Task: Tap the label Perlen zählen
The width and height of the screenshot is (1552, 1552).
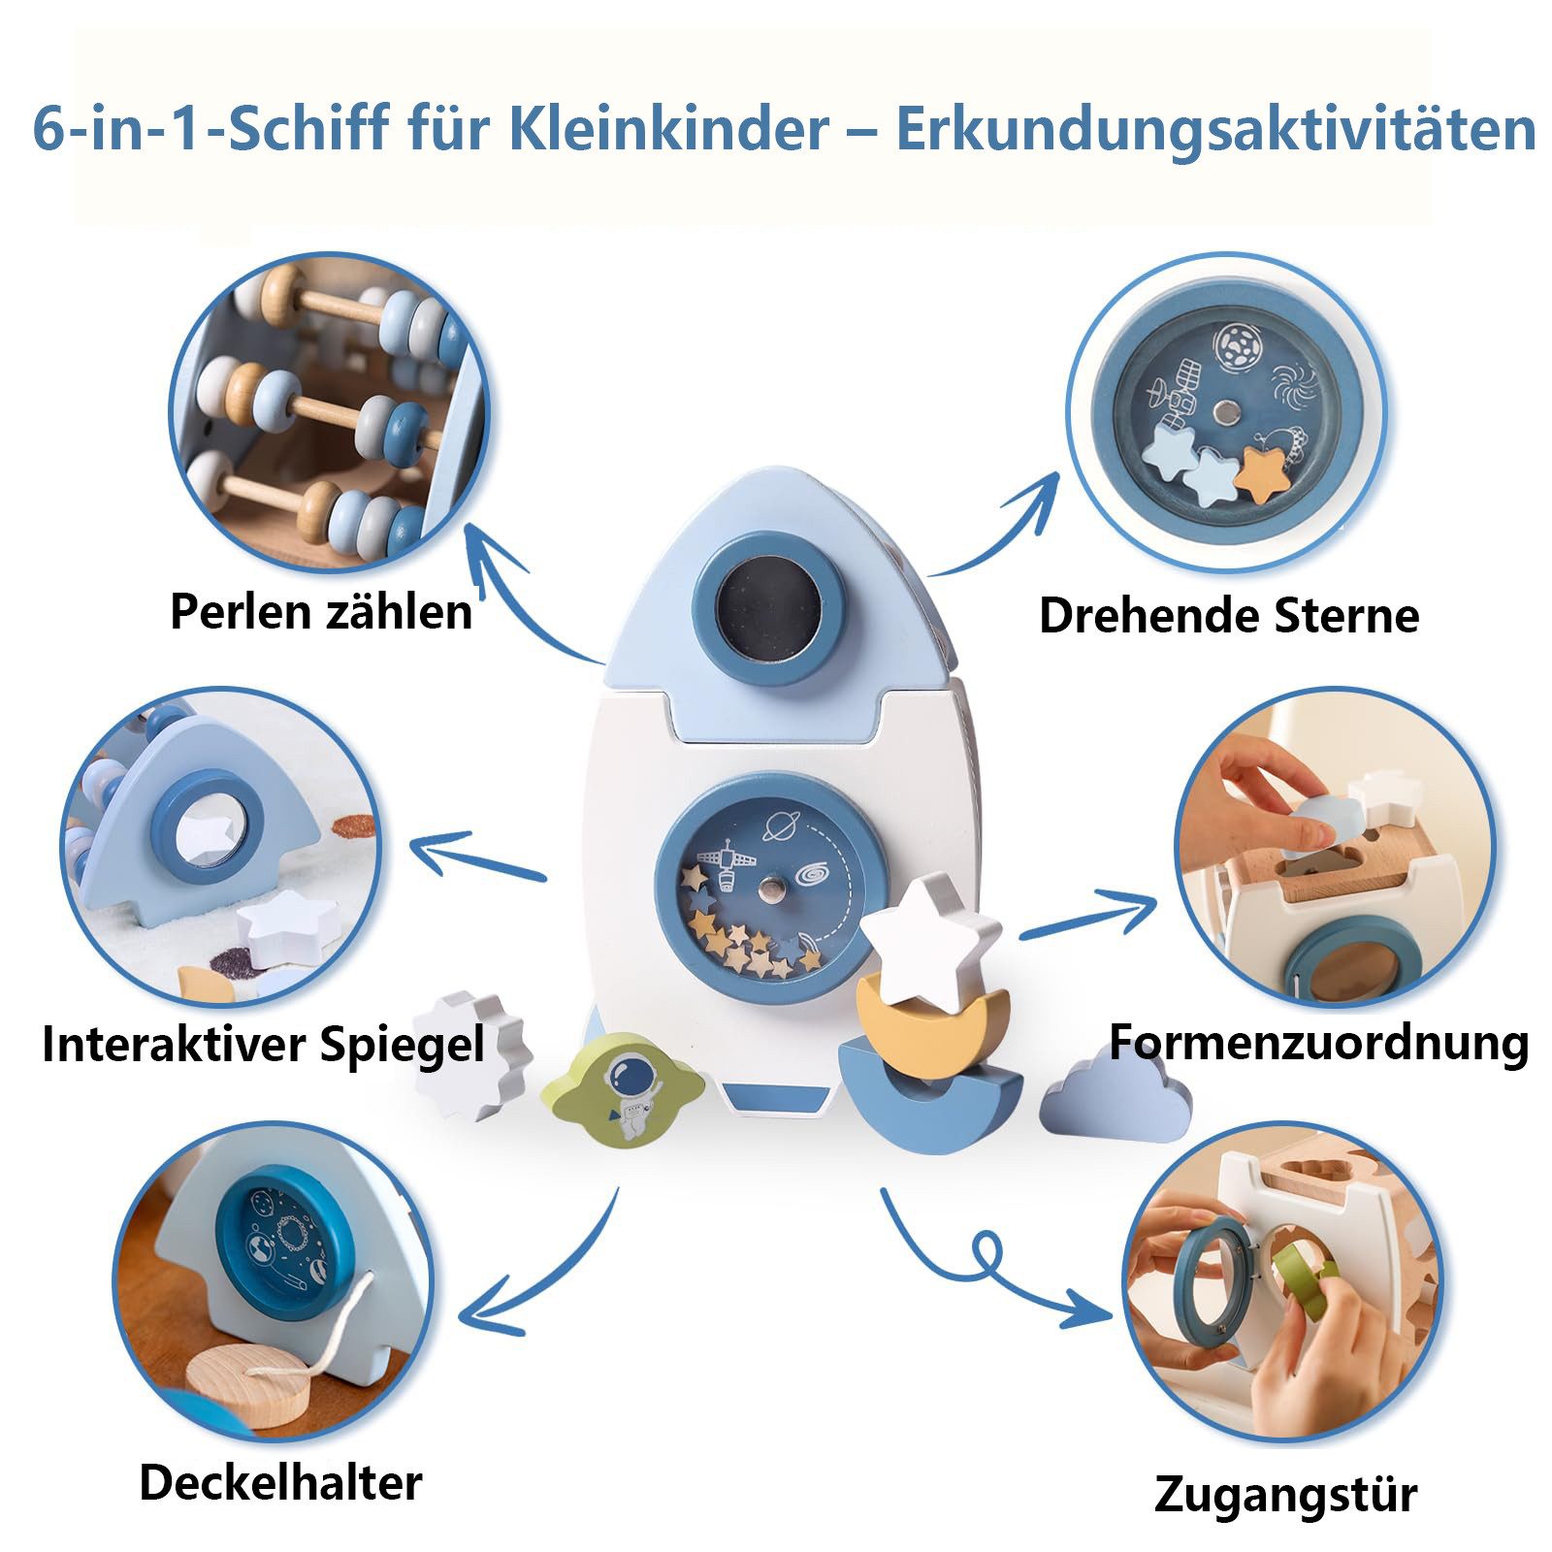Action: [321, 612]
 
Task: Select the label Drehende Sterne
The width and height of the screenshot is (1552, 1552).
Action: [1228, 615]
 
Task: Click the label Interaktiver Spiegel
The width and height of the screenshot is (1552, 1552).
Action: [263, 1045]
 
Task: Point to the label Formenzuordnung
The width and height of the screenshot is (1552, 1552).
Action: [1318, 1043]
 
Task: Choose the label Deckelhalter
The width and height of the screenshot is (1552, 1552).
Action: [280, 1483]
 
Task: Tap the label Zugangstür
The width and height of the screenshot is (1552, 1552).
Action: [1285, 1495]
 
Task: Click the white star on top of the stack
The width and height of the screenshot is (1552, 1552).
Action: [930, 938]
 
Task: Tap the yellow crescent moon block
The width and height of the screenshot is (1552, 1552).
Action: [931, 1018]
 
